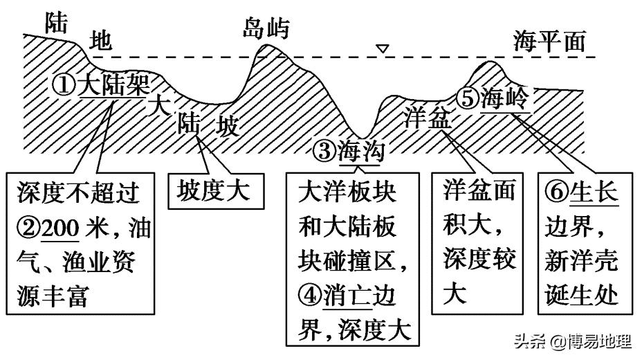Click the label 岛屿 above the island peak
266,28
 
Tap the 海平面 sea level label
549,42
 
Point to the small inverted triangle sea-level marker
381,49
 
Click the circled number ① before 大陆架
64,86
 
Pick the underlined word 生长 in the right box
594,192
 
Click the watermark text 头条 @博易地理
571,342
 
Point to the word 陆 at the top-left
56,24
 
